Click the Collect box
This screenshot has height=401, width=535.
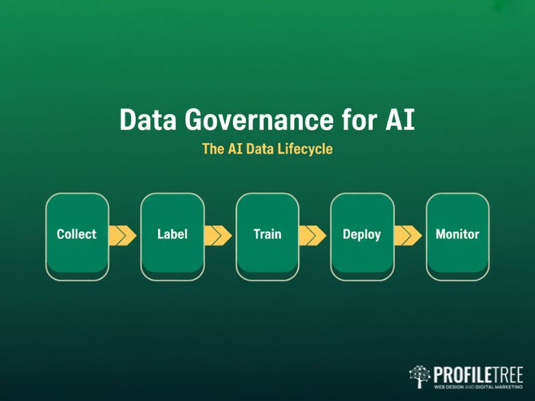(77, 235)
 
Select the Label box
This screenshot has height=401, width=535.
(172, 235)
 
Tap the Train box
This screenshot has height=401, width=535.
(267, 235)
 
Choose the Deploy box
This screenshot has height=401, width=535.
(362, 235)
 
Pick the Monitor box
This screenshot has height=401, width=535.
(457, 235)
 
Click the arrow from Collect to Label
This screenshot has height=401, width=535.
(122, 235)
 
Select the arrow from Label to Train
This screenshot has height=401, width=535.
(217, 235)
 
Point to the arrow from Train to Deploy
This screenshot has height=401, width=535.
(312, 235)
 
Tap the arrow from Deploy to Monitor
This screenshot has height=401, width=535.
(407, 235)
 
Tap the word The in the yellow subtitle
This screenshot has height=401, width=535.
(213, 149)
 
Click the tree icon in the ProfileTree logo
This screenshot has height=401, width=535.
(420, 376)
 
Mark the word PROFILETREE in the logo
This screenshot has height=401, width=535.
(477, 373)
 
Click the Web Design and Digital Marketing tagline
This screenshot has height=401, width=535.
(477, 386)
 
